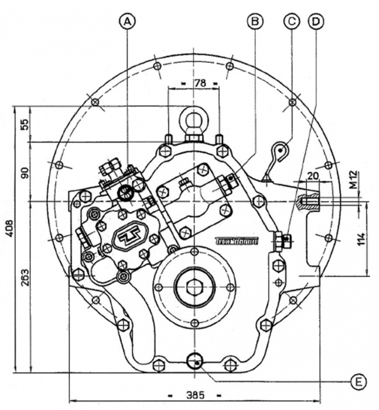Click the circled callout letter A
[128, 21]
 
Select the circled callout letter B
[254, 21]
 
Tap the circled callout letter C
[292, 21]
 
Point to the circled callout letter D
[316, 21]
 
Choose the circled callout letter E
[359, 381]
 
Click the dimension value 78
[194, 83]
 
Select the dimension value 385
[194, 395]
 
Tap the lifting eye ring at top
[194, 119]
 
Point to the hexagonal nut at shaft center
[194, 287]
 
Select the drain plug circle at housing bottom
[194, 360]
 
